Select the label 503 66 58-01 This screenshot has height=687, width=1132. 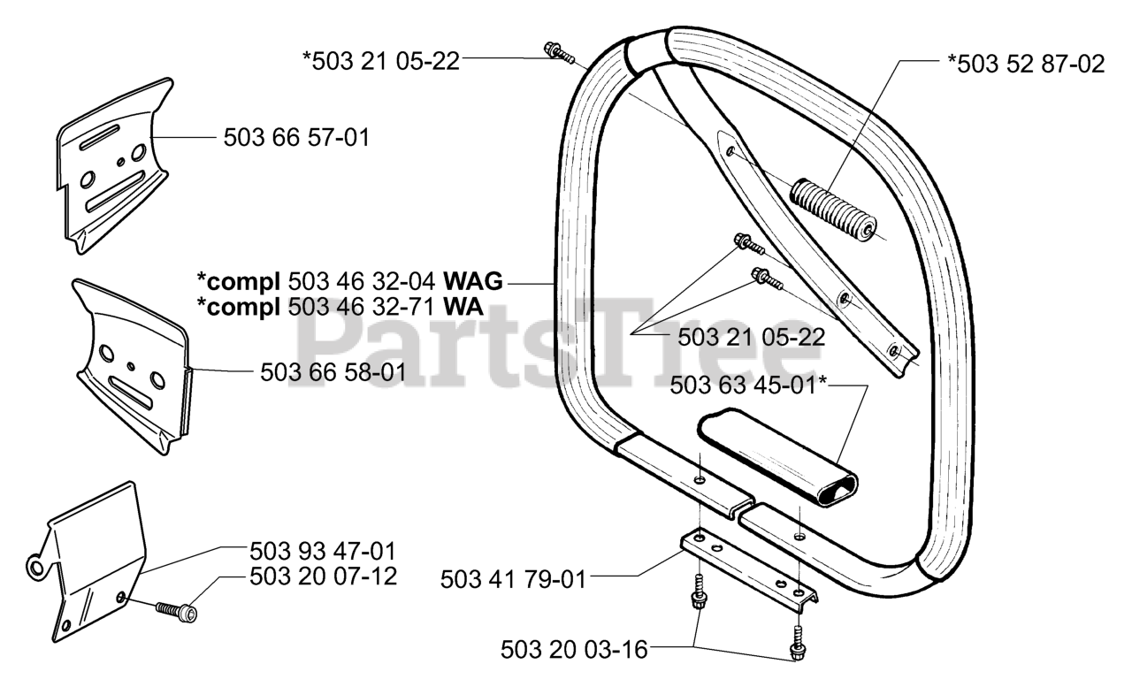coord(333,372)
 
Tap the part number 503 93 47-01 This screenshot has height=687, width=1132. coord(323,550)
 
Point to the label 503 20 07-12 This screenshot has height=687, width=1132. coord(323,576)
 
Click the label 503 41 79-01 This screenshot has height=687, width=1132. coord(513,580)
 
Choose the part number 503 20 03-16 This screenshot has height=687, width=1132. coord(573,650)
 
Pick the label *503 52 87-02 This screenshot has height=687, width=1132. coord(1026,65)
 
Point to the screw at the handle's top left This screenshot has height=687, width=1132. coord(559,53)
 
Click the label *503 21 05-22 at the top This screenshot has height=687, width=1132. coord(381,60)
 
